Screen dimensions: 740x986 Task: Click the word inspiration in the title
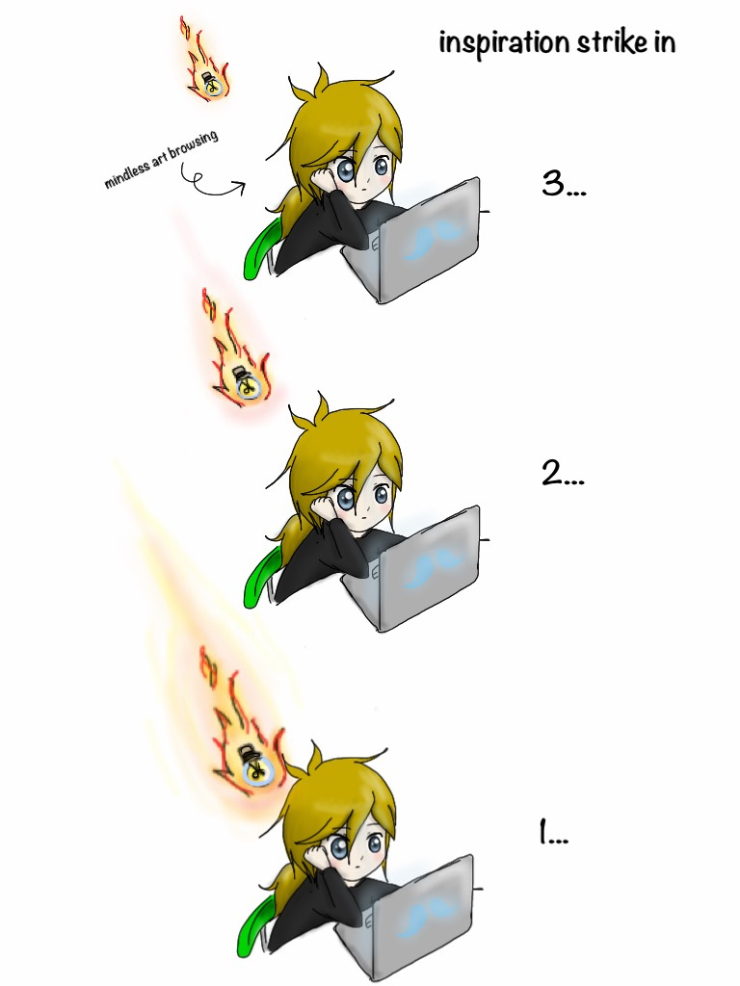[x=503, y=43]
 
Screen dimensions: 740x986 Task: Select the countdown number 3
[x=554, y=183]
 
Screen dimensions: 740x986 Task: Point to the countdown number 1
[x=543, y=831]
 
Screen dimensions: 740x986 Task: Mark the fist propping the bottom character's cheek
[x=315, y=856]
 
